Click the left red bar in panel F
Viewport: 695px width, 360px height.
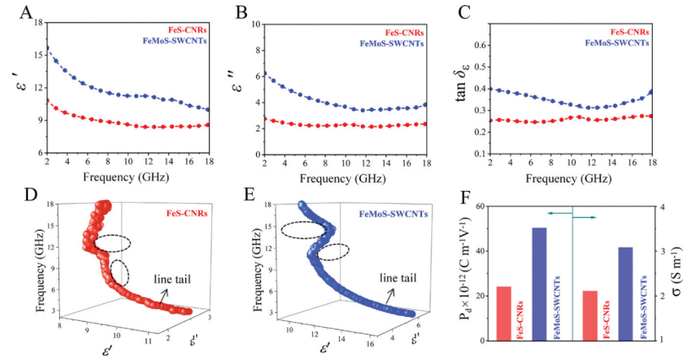pos(503,314)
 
